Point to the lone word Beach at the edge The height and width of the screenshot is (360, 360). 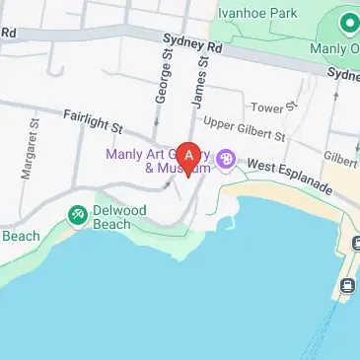tap(20, 235)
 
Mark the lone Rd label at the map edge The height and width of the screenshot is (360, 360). tap(9, 32)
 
